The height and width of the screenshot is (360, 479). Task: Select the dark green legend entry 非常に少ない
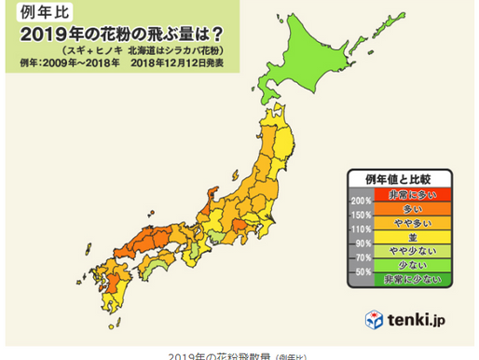pos(411,279)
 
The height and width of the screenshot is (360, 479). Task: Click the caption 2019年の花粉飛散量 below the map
pos(209,355)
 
